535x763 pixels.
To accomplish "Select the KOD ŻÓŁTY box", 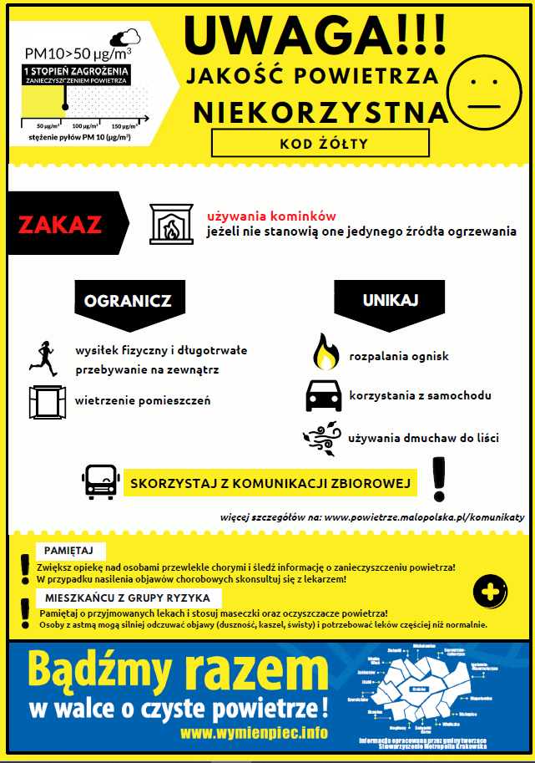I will (x=320, y=143).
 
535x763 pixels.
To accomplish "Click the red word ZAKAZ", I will (x=60, y=224).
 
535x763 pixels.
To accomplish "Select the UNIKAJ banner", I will (x=390, y=299).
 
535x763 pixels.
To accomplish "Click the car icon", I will (x=324, y=395).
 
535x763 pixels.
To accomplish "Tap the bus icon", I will (x=100, y=482).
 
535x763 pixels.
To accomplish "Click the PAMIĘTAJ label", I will (x=71, y=551).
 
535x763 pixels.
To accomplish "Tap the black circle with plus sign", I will (x=491, y=592).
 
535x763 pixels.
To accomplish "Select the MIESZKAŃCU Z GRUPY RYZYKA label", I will (x=129, y=598).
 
